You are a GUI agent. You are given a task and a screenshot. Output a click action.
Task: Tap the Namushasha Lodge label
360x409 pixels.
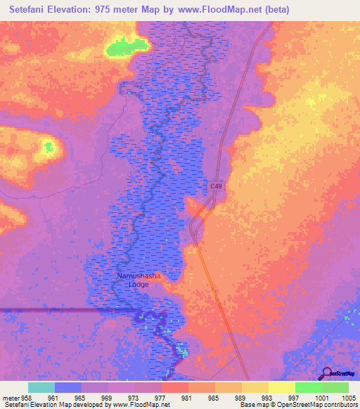(139, 280)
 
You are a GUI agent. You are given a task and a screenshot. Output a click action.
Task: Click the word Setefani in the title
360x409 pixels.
(30, 10)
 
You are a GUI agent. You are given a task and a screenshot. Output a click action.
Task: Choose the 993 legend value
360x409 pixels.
(269, 398)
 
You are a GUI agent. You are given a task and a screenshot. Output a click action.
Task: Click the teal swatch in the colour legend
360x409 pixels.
(41, 387)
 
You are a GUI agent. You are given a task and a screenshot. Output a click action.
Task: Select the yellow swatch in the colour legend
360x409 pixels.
(281, 387)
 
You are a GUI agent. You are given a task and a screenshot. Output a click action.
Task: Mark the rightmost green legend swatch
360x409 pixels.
(335, 387)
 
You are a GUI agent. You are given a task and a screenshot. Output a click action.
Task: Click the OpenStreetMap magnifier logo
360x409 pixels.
(325, 374)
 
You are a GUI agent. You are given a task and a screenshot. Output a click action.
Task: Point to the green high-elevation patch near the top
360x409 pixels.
(127, 46)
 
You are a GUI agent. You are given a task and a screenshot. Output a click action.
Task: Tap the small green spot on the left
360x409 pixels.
(49, 147)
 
